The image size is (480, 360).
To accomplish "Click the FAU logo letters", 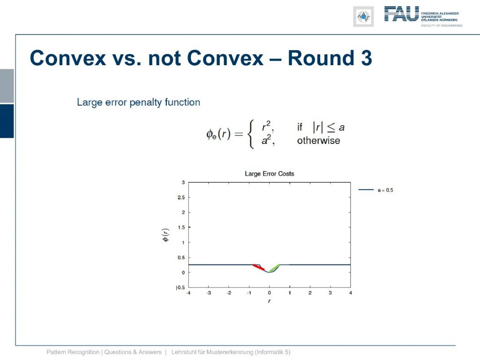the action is pyautogui.click(x=401, y=14).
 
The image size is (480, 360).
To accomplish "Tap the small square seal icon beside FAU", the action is pyautogui.click(x=363, y=16).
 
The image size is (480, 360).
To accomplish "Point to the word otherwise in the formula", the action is pyautogui.click(x=318, y=141).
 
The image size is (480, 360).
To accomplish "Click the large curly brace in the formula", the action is pyautogui.click(x=251, y=134).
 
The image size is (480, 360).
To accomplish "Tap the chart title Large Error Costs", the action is pyautogui.click(x=270, y=173).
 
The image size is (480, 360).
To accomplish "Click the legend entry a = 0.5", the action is pyautogui.click(x=385, y=190).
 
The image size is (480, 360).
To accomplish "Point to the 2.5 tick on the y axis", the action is pyautogui.click(x=181, y=197).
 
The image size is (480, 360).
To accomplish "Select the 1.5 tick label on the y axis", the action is pyautogui.click(x=181, y=227).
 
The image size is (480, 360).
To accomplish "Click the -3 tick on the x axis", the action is pyautogui.click(x=209, y=293).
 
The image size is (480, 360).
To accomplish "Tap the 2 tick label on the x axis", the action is pyautogui.click(x=310, y=293).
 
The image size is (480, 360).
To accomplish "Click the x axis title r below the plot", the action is pyautogui.click(x=269, y=301).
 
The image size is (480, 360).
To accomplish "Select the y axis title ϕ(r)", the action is pyautogui.click(x=165, y=235).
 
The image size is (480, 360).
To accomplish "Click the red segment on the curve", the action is pyautogui.click(x=259, y=267).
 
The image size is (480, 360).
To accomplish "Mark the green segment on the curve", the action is pyautogui.click(x=274, y=268).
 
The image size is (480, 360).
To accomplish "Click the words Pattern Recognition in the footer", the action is pyautogui.click(x=73, y=352).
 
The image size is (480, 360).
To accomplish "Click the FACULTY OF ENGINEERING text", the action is pyautogui.click(x=442, y=25).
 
